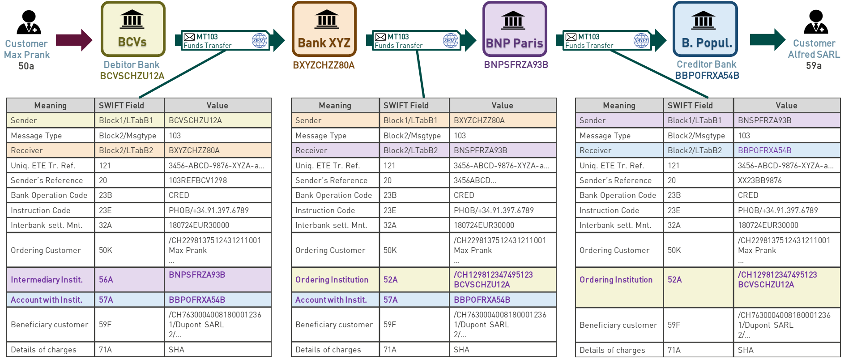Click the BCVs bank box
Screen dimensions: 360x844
133,29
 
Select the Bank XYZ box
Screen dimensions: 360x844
324,30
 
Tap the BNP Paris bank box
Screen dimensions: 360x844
515,30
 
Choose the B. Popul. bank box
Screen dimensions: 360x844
705,30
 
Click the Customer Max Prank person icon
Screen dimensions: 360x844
29,22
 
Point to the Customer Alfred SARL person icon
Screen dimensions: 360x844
816,22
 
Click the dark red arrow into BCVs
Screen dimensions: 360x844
74,40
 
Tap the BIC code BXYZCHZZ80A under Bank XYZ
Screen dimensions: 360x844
324,65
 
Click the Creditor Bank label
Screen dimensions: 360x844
706,64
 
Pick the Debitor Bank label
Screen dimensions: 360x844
132,65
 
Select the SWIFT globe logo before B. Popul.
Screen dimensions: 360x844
641,40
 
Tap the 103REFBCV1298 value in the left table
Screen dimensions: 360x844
198,180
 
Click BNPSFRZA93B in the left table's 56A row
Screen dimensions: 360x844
197,275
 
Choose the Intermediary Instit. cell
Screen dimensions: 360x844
47,280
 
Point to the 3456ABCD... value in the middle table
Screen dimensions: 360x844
475,180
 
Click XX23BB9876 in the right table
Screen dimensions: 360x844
760,180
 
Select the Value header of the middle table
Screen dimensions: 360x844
502,106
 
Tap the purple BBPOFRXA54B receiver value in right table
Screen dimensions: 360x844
764,150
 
